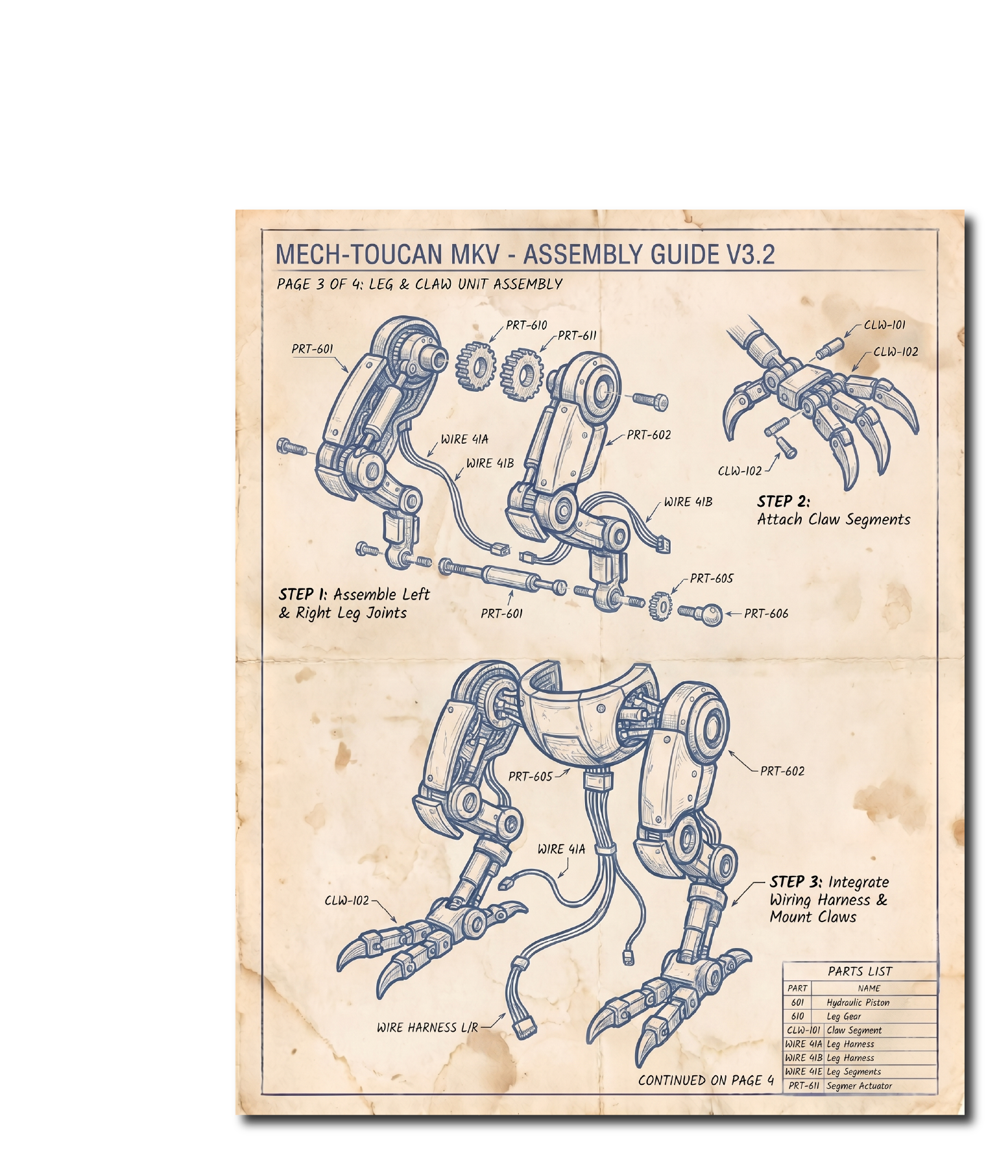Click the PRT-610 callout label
(x=526, y=325)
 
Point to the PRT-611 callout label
(x=577, y=335)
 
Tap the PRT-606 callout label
(x=766, y=613)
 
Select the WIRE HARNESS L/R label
(x=427, y=1027)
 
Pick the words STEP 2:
(x=784, y=501)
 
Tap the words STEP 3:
(x=796, y=882)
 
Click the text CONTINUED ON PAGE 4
(x=706, y=1080)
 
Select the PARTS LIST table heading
(x=860, y=971)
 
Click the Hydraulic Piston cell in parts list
(x=858, y=1003)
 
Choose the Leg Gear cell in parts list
(x=844, y=1017)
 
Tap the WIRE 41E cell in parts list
(x=804, y=1071)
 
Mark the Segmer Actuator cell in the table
(x=859, y=1086)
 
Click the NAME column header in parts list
(x=869, y=988)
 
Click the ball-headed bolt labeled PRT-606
(x=701, y=613)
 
